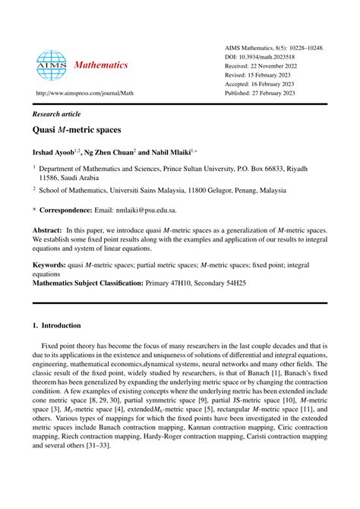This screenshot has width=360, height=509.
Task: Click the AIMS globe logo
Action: coord(51,65)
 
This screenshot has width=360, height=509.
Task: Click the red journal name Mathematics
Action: coord(101,65)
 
